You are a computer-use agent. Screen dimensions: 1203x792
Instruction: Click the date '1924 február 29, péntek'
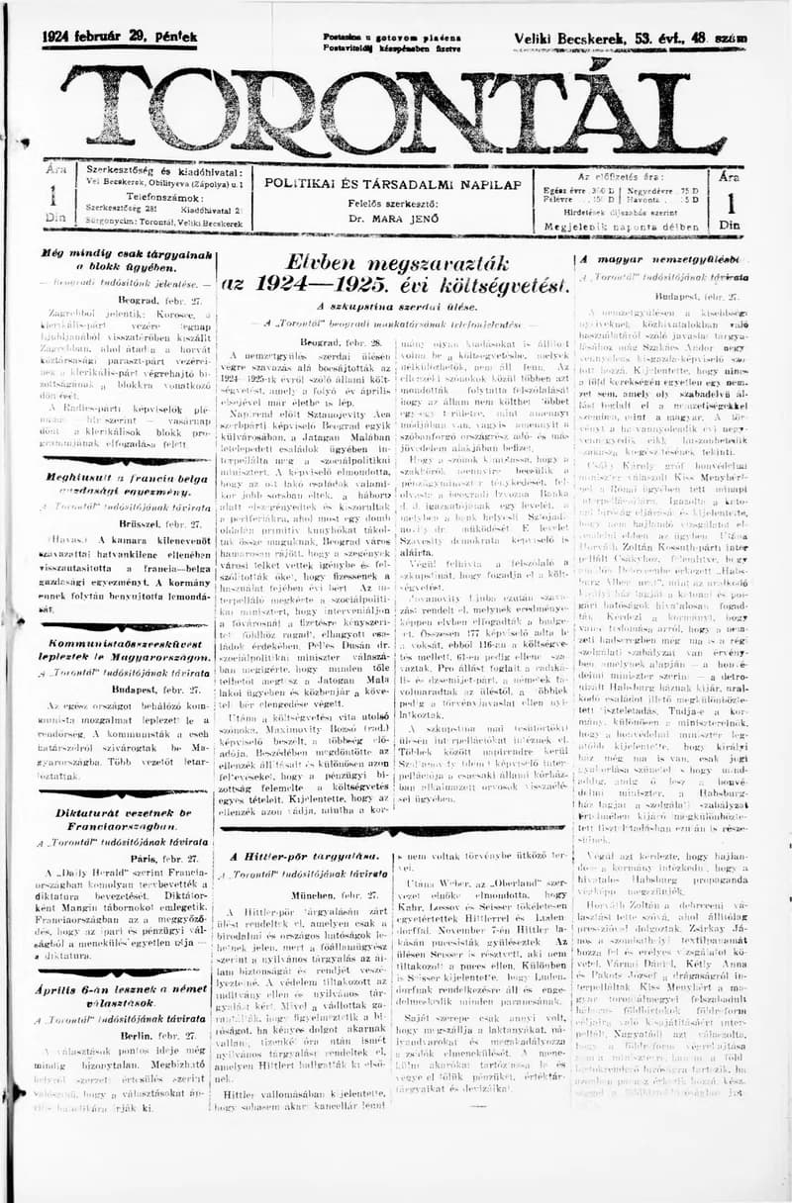120,38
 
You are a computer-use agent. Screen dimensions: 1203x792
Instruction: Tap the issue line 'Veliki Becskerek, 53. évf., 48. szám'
630,39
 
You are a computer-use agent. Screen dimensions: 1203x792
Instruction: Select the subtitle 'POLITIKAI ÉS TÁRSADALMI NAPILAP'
393,185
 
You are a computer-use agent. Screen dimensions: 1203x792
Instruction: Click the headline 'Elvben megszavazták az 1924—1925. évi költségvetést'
396,273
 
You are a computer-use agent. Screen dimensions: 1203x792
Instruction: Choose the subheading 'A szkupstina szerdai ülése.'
395,307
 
